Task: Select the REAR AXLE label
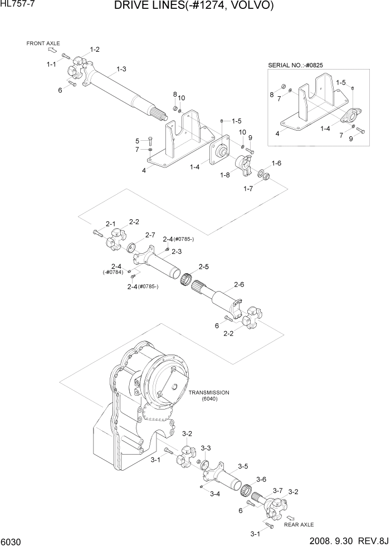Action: click(x=299, y=525)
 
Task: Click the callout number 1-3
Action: click(x=121, y=70)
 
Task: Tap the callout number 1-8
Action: click(x=224, y=175)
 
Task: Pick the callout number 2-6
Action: click(x=239, y=285)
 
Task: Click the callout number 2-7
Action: click(x=150, y=235)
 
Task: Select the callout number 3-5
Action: click(x=243, y=466)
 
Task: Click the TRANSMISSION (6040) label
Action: click(x=209, y=396)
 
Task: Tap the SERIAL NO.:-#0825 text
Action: click(x=295, y=65)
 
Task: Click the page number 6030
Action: click(x=11, y=542)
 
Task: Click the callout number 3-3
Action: click(x=206, y=448)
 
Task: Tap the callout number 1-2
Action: click(x=95, y=50)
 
